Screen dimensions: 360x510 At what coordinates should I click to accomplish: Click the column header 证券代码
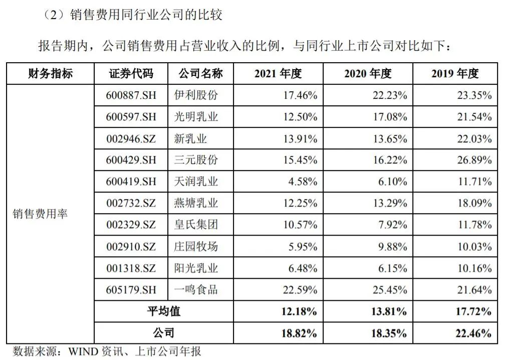point(131,74)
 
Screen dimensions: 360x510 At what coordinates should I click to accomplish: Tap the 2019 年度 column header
point(455,74)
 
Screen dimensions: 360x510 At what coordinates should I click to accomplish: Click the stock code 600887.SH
point(131,95)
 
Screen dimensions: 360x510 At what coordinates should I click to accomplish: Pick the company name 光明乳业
point(196,116)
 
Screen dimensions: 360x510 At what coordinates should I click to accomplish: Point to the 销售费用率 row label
point(40,214)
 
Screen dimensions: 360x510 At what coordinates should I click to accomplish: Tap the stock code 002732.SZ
point(131,203)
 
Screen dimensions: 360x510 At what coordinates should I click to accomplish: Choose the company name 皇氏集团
point(196,225)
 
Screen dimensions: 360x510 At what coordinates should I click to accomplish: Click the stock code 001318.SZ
point(131,268)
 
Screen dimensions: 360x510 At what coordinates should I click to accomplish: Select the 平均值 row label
point(164,311)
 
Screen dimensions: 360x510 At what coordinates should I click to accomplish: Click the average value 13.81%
point(388,311)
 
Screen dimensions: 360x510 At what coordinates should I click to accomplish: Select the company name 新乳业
point(190,138)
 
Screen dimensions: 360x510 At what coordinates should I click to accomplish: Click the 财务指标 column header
point(50,74)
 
